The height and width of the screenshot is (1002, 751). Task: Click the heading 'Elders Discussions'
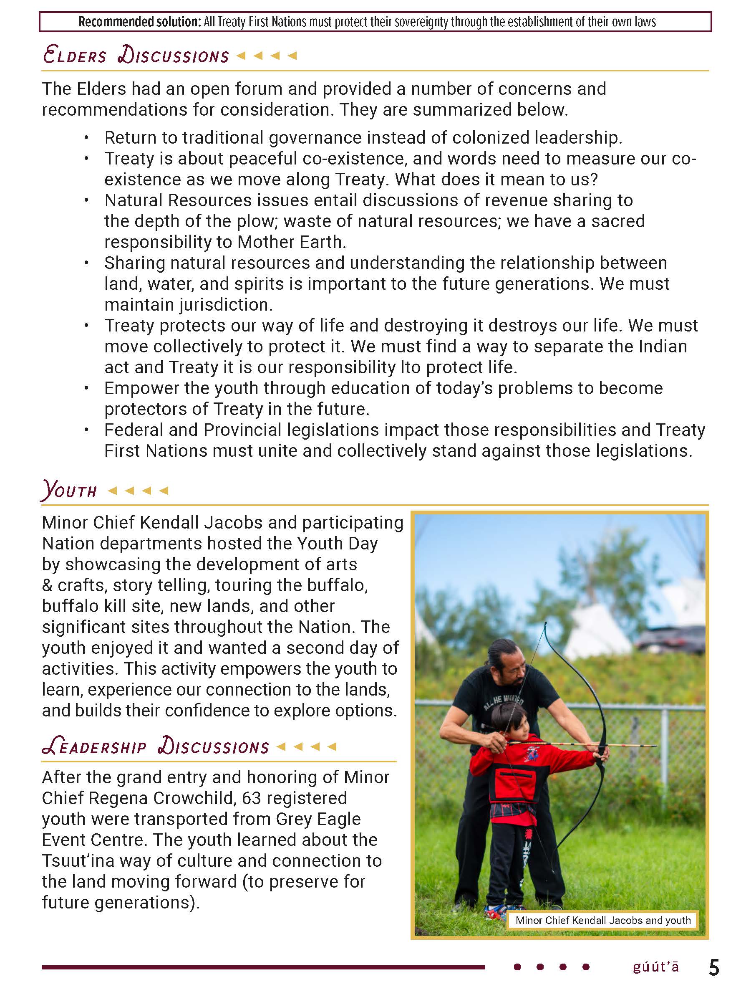[136, 55]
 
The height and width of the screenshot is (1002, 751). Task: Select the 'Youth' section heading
[69, 490]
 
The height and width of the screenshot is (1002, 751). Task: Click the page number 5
[714, 968]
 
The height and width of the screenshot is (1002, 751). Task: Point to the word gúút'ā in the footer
[655, 967]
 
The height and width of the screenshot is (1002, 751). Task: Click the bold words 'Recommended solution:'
[139, 22]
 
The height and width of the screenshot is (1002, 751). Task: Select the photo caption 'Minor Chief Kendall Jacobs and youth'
[602, 920]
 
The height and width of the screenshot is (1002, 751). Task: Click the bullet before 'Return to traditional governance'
[86, 138]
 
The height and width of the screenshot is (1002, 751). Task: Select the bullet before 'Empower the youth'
[86, 389]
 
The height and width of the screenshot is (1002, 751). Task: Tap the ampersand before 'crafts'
[47, 585]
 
